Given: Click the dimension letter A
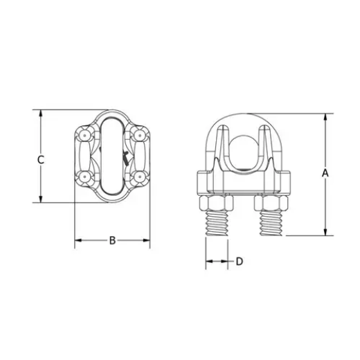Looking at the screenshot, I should (324, 173).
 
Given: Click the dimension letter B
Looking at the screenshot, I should (111, 241).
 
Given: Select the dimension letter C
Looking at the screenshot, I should (41, 159).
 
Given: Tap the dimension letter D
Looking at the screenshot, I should (240, 262).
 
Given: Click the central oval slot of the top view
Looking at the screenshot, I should (112, 156).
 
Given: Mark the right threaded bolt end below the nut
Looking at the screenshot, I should (271, 226).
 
